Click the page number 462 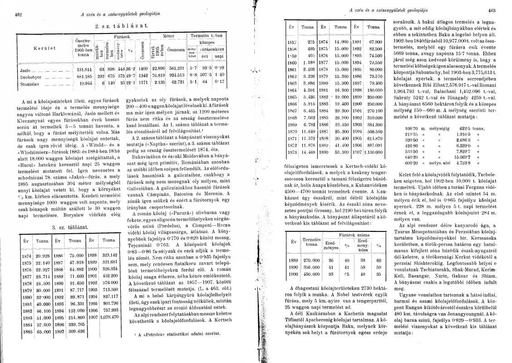tap(19, 14)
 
